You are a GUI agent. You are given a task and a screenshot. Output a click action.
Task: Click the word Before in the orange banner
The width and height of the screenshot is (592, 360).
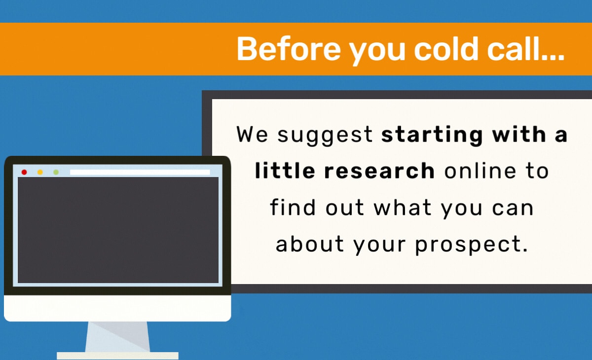[289, 49]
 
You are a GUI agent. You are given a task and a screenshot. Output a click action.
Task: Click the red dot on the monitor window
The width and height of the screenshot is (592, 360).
[24, 172]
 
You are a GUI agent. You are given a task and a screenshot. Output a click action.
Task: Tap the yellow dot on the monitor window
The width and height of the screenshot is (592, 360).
[40, 172]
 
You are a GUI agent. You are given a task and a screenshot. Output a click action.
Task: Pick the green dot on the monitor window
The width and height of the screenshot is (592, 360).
[56, 172]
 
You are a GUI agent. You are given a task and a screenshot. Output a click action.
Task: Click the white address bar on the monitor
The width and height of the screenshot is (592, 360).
[140, 172]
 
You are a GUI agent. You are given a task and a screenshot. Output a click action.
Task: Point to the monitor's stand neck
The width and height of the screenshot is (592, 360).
[117, 336]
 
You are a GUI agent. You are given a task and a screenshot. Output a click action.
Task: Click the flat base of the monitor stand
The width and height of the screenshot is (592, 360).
[117, 356]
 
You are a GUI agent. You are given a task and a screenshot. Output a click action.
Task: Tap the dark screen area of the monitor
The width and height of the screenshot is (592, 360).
[118, 230]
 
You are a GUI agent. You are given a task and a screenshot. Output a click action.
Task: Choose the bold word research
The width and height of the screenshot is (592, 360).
[379, 171]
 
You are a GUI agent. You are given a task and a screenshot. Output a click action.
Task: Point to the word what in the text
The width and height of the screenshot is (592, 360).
[403, 207]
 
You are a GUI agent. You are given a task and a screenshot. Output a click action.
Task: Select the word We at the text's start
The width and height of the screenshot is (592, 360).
[252, 134]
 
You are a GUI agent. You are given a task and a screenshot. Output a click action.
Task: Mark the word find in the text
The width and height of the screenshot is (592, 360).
[293, 207]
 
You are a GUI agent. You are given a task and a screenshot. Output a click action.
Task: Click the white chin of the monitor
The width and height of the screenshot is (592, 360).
[117, 308]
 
